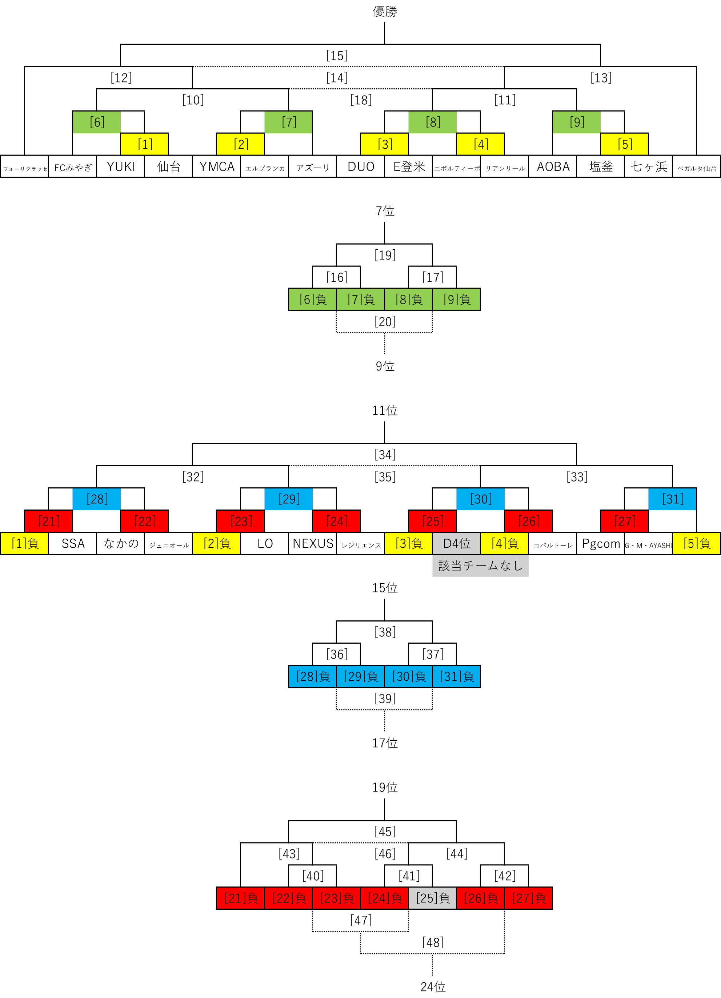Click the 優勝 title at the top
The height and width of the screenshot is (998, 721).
385,11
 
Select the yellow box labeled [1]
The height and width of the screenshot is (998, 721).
144,144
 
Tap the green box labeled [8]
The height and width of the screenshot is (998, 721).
432,122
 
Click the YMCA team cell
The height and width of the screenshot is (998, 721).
217,166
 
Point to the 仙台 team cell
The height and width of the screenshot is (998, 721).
169,166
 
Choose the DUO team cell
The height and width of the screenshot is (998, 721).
361,166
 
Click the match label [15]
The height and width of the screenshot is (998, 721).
337,56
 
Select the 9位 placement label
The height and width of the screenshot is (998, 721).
385,366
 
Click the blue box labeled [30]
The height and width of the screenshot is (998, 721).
481,499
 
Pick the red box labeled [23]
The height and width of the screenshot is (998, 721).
240,521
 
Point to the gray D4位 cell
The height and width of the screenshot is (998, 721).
456,543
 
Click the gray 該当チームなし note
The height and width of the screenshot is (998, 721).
480,566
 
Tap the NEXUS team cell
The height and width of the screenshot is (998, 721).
313,543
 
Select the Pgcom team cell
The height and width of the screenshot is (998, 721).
600,543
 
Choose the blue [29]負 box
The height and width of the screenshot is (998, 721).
361,676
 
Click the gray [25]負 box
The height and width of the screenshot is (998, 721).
433,898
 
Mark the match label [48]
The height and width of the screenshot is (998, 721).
433,942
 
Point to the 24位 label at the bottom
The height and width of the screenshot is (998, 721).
433,987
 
